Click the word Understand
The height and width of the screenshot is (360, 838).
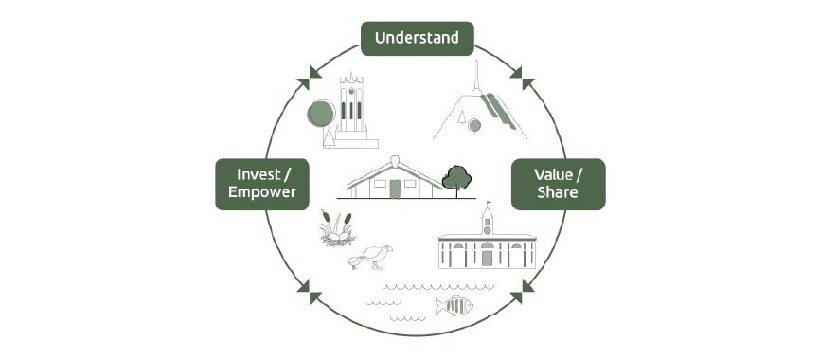click(417, 38)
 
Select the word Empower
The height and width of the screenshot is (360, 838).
click(261, 192)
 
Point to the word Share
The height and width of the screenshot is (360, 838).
click(557, 192)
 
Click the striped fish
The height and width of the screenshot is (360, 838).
click(454, 305)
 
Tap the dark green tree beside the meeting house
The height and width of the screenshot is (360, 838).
click(456, 177)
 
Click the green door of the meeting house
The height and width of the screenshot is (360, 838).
click(395, 189)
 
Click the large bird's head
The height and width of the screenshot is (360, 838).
click(384, 250)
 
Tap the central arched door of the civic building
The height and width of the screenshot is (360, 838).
click(487, 257)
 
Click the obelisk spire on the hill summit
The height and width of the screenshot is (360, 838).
click(477, 76)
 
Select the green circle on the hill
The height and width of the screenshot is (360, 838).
click(474, 125)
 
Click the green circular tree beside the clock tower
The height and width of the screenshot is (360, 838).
click(321, 115)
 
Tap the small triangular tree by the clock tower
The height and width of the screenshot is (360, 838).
click(329, 137)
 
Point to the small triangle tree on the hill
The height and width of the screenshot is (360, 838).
click(461, 117)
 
